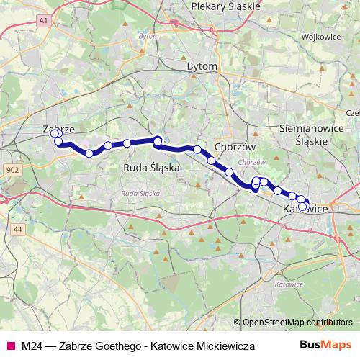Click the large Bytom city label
tap(202, 66)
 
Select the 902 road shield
tap(12, 170)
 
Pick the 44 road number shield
tap(18, 228)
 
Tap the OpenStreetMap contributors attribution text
tap(292, 323)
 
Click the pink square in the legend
tap(10, 346)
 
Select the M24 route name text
tap(31, 346)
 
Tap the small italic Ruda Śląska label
tap(140, 194)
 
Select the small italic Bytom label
tap(148, 35)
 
